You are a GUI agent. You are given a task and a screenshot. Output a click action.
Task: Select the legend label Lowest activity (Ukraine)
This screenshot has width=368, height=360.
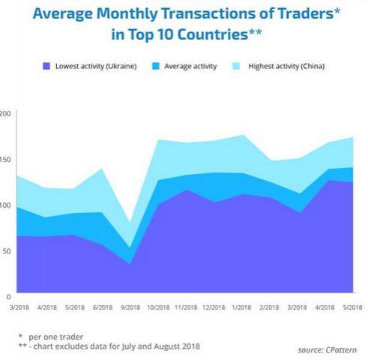tap(95, 67)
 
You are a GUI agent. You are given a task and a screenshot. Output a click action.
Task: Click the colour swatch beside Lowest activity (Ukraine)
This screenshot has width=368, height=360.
tap(46, 67)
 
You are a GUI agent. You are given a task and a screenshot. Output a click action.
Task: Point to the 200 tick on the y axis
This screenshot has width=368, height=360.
tap(6, 114)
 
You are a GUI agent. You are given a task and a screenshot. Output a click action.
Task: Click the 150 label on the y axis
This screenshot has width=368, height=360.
tap(6, 160)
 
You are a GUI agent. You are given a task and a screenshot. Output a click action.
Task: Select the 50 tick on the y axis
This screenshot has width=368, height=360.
tap(6, 250)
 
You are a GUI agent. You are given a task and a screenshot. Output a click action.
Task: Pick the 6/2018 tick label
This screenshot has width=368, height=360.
tap(103, 307)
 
